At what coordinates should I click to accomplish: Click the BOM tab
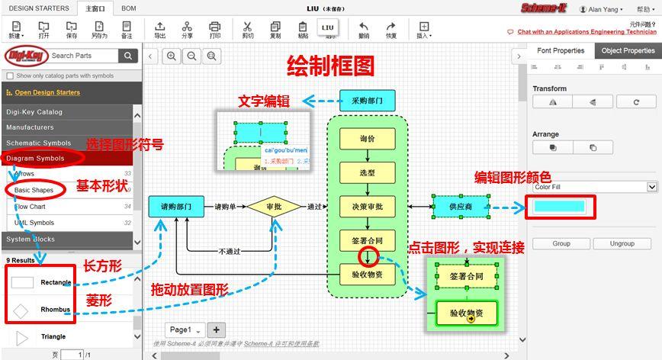pyautogui.click(x=129, y=8)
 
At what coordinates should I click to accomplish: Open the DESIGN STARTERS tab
pyautogui.click(x=38, y=8)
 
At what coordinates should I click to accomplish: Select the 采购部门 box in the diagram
pyautogui.click(x=367, y=100)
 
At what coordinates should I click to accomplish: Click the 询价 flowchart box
pyautogui.click(x=367, y=139)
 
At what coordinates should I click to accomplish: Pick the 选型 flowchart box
pyautogui.click(x=367, y=172)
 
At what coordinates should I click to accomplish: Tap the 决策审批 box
pyautogui.click(x=367, y=206)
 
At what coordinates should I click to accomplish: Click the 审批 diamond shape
pyautogui.click(x=274, y=207)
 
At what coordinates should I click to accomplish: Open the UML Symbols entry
pyautogui.click(x=34, y=223)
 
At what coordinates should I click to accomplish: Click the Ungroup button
pyautogui.click(x=622, y=243)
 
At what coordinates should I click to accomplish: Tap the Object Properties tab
pyautogui.click(x=628, y=50)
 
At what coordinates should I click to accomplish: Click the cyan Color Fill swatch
pyautogui.click(x=560, y=207)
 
